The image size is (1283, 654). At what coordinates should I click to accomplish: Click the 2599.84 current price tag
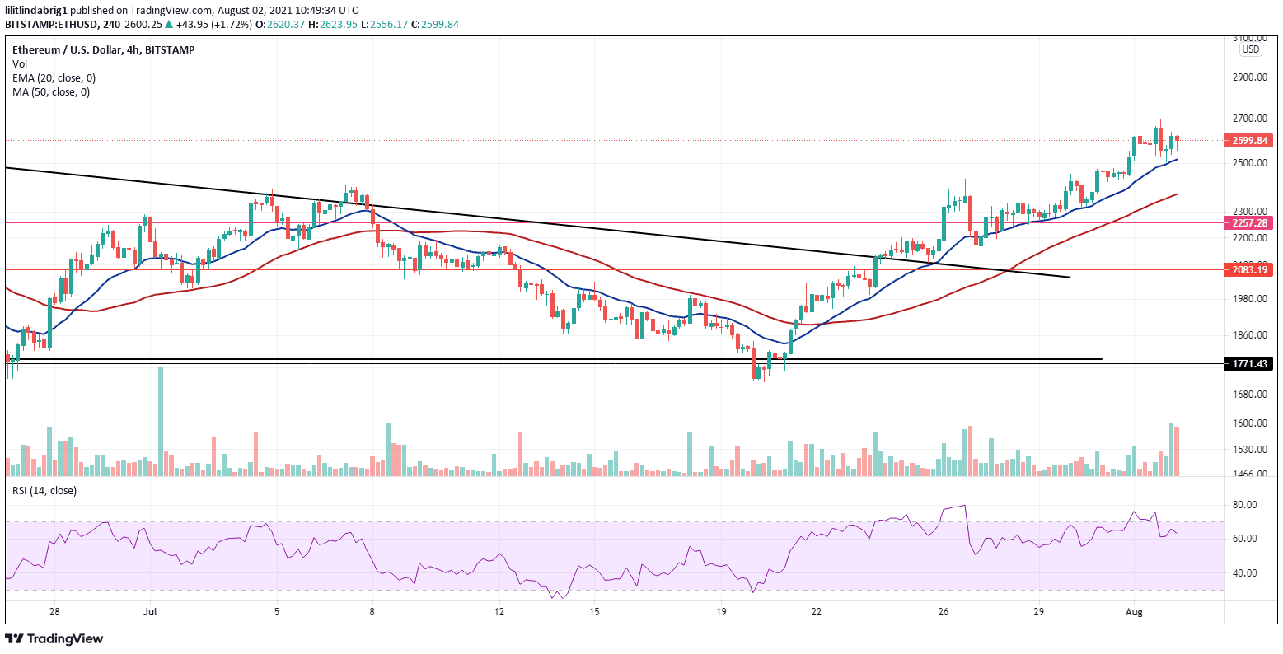[1250, 141]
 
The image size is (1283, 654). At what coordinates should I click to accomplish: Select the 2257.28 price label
[1250, 222]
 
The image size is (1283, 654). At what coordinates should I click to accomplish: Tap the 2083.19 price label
[1250, 269]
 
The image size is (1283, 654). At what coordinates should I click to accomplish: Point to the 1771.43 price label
[1250, 363]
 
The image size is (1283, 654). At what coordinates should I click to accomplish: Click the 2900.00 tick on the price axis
[1249, 77]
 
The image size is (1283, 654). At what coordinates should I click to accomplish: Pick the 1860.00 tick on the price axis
[1249, 335]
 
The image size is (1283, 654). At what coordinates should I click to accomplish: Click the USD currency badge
[1251, 49]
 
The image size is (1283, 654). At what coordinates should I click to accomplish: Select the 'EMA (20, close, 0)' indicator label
[54, 77]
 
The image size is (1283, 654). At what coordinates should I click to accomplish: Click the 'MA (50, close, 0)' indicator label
[51, 91]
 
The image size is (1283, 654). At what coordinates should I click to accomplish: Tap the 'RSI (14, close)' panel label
[44, 491]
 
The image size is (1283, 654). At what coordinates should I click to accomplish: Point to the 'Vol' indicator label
[19, 63]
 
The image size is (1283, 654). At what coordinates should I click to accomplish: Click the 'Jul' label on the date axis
[149, 613]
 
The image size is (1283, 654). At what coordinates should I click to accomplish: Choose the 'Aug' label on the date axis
[1135, 613]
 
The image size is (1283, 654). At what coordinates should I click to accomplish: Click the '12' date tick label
[499, 613]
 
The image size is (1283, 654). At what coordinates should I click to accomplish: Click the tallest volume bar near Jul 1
[161, 421]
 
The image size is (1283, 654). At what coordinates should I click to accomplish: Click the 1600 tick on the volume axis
[1249, 423]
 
